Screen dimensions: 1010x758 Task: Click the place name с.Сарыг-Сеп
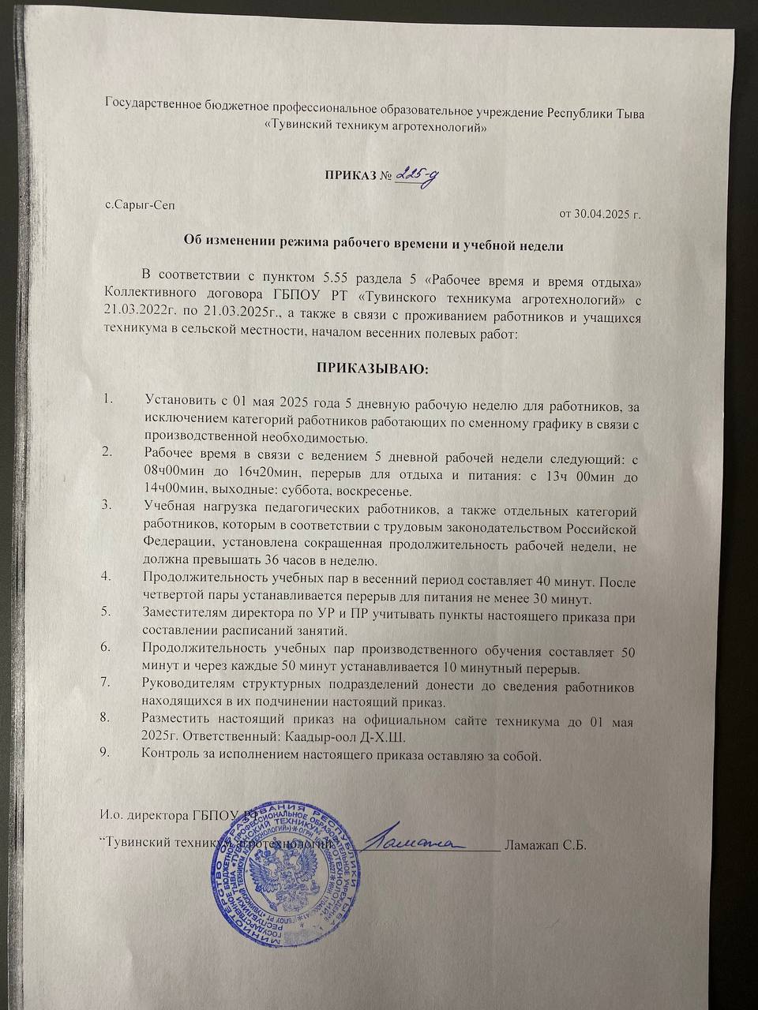click(141, 204)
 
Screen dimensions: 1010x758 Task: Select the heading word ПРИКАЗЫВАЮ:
click(372, 368)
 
